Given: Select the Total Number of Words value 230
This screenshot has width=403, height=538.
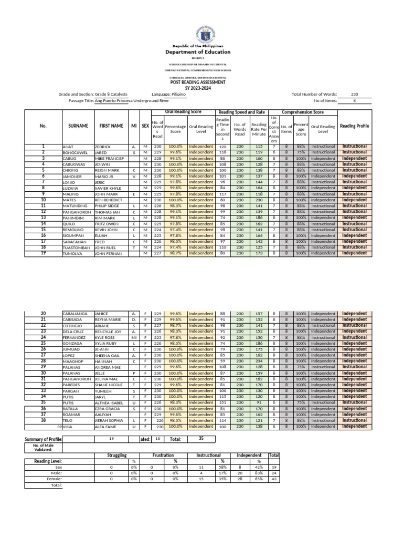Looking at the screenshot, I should (355, 94).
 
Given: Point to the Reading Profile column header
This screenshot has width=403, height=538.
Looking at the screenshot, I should (355, 126).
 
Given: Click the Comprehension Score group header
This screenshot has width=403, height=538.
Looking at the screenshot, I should (302, 112).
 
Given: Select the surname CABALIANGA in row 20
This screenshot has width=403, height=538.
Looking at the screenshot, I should (75, 314).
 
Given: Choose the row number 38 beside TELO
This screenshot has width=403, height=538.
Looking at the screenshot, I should (44, 420).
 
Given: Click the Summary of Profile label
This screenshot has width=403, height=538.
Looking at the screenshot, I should (43, 439).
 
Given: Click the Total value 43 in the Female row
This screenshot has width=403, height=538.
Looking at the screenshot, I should (274, 479).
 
